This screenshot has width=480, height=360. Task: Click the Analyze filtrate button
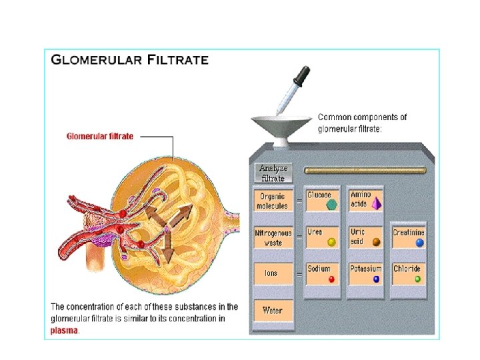pyautogui.click(x=272, y=173)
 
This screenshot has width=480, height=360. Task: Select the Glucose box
pyautogui.click(x=323, y=199)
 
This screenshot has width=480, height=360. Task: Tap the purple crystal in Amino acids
pyautogui.click(x=377, y=203)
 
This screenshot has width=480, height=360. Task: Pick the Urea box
pyautogui.click(x=323, y=237)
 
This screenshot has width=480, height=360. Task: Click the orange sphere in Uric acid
pyautogui.click(x=377, y=242)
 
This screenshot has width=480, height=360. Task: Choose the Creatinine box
pyautogui.click(x=408, y=237)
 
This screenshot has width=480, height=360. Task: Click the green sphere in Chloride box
pyautogui.click(x=418, y=279)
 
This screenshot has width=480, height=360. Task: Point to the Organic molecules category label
pyautogui.click(x=272, y=201)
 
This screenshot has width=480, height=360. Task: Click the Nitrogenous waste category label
pyautogui.click(x=272, y=238)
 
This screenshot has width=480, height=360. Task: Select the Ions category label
pyautogui.click(x=272, y=273)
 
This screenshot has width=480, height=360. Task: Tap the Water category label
pyautogui.click(x=272, y=310)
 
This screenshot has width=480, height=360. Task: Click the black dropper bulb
pyautogui.click(x=304, y=74)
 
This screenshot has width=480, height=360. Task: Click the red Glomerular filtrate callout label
pyautogui.click(x=99, y=137)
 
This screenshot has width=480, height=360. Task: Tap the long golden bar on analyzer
pyautogui.click(x=363, y=171)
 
